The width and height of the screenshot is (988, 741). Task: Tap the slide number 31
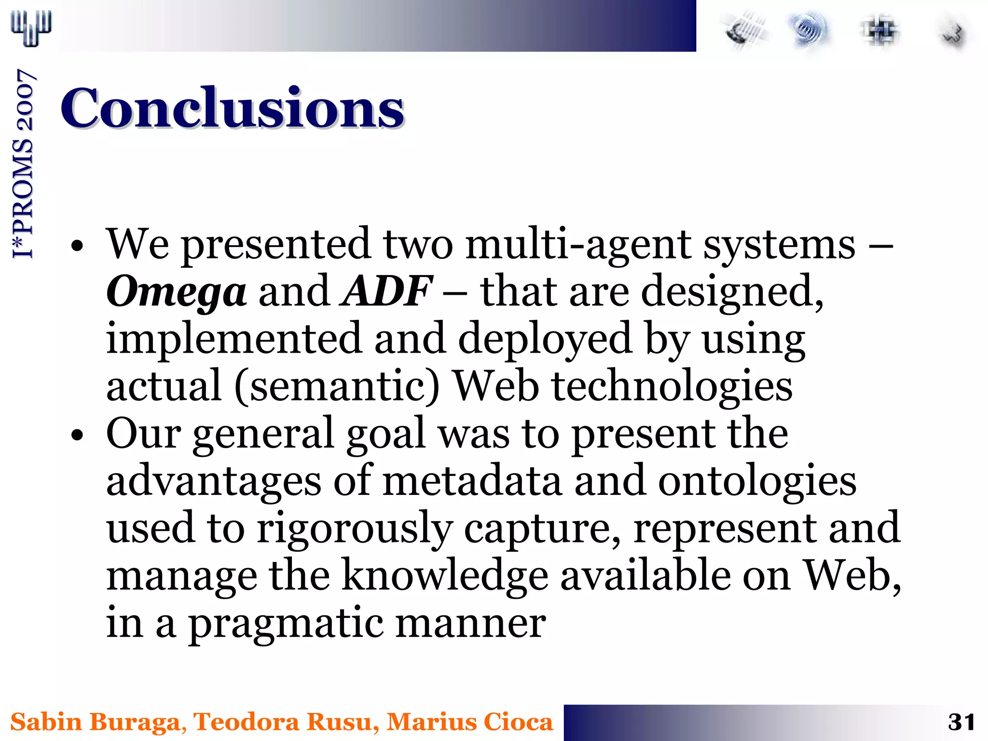click(961, 722)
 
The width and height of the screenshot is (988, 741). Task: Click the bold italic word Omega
click(176, 291)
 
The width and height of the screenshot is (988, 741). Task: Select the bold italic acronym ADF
click(386, 290)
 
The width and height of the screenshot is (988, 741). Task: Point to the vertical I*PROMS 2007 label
click(23, 164)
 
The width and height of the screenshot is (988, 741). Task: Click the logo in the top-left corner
click(31, 28)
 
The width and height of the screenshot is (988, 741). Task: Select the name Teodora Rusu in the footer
click(282, 722)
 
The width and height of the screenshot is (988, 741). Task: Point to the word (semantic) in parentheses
click(337, 386)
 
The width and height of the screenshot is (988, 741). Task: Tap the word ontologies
click(757, 481)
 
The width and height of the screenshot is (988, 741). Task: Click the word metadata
click(472, 481)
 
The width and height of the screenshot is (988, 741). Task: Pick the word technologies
click(672, 386)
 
